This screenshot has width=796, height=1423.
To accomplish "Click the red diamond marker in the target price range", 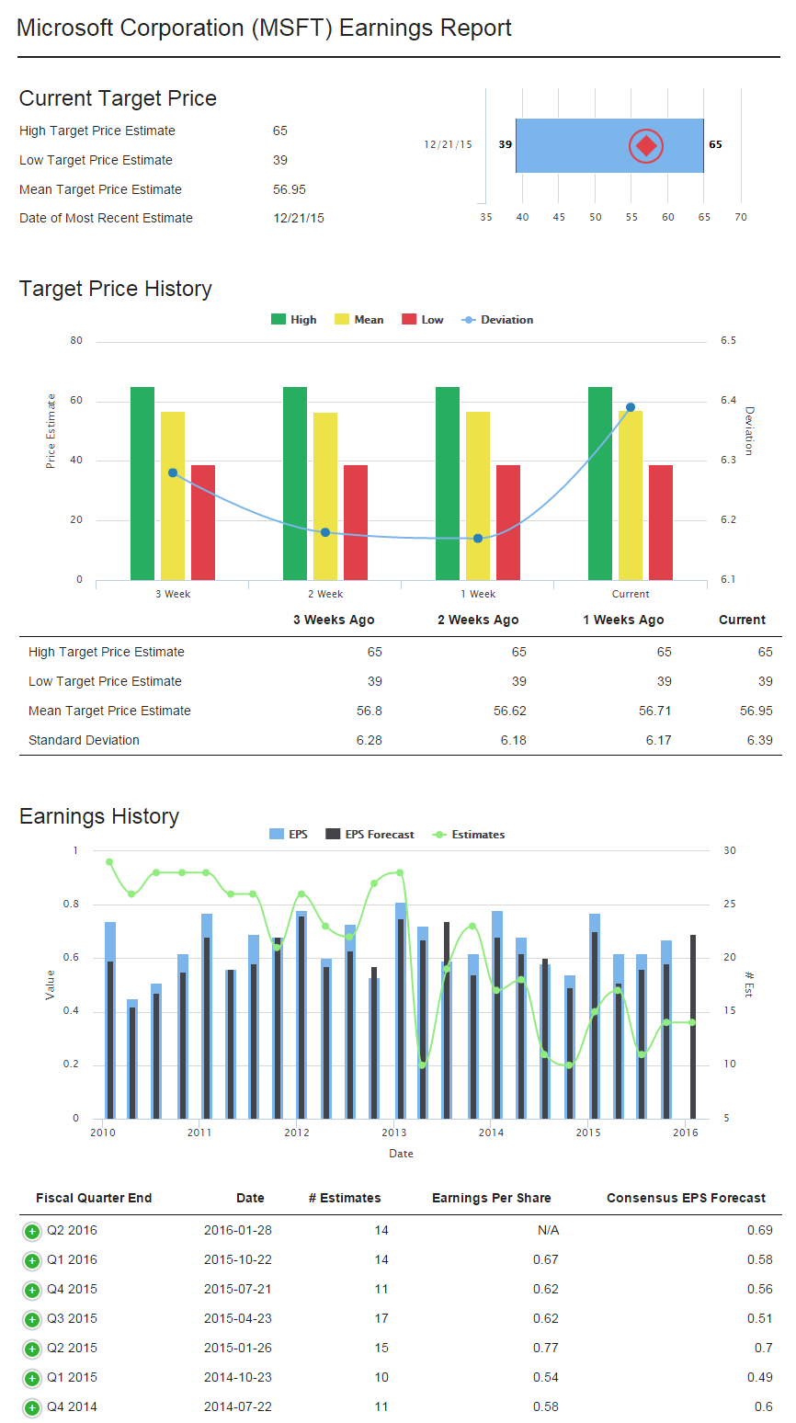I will pyautogui.click(x=646, y=145).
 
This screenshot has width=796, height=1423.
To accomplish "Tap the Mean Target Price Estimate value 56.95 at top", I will pyautogui.click(x=290, y=189).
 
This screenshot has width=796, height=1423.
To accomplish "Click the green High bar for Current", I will pyautogui.click(x=600, y=483).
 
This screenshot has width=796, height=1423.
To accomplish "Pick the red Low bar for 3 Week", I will pyautogui.click(x=203, y=522).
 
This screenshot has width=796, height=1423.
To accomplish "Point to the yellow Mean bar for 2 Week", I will pyautogui.click(x=325, y=496).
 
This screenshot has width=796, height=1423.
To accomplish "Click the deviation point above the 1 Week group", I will pyautogui.click(x=478, y=538).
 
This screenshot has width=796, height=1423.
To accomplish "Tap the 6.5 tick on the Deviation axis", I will pyautogui.click(x=728, y=341).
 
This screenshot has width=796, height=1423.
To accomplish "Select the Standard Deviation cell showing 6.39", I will pyautogui.click(x=759, y=740).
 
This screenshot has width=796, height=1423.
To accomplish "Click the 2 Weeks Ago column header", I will pyautogui.click(x=478, y=620).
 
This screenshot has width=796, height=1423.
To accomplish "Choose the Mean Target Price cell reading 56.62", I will pyautogui.click(x=510, y=711).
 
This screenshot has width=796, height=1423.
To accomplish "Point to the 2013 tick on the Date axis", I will pyautogui.click(x=394, y=1133).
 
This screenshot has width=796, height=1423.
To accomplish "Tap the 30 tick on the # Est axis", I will pyautogui.click(x=730, y=851).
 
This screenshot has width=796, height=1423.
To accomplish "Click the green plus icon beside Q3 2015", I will pyautogui.click(x=31, y=1319).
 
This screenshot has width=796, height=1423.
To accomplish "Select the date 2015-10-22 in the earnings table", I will pyautogui.click(x=238, y=1259).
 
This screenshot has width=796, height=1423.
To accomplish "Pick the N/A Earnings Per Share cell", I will pyautogui.click(x=548, y=1230).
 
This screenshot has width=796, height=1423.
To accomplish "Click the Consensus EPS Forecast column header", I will pyautogui.click(x=686, y=1198).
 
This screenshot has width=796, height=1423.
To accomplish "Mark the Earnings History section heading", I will pyautogui.click(x=99, y=816).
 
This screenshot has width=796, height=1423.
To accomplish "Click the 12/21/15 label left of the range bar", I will pyautogui.click(x=448, y=145).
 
